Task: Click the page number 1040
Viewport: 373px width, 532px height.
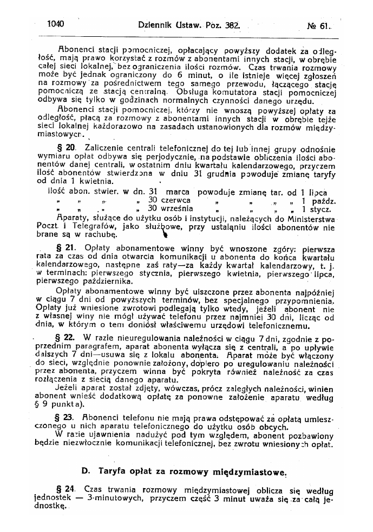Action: click(x=56, y=24)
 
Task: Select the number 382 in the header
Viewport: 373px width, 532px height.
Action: click(x=232, y=24)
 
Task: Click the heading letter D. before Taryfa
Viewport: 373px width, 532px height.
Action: click(x=85, y=471)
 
